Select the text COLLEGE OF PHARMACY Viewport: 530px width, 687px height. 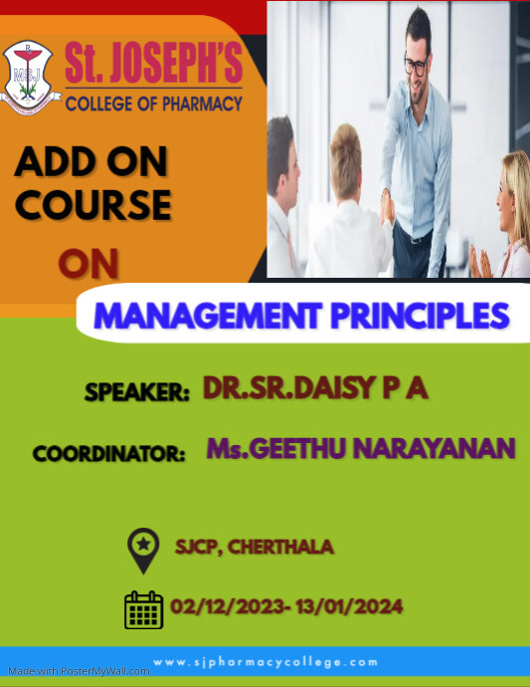point(153,102)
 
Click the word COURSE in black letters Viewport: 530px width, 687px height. point(92,204)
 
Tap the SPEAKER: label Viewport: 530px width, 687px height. point(137,392)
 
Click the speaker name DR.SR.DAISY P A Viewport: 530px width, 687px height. point(315,388)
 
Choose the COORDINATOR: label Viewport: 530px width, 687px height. point(109,454)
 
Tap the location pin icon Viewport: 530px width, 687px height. point(144,550)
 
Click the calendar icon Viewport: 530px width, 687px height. point(143,609)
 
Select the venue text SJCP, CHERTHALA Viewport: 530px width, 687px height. point(254,547)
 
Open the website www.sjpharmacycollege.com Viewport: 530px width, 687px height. point(265,661)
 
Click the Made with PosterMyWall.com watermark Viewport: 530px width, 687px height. point(76,671)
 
